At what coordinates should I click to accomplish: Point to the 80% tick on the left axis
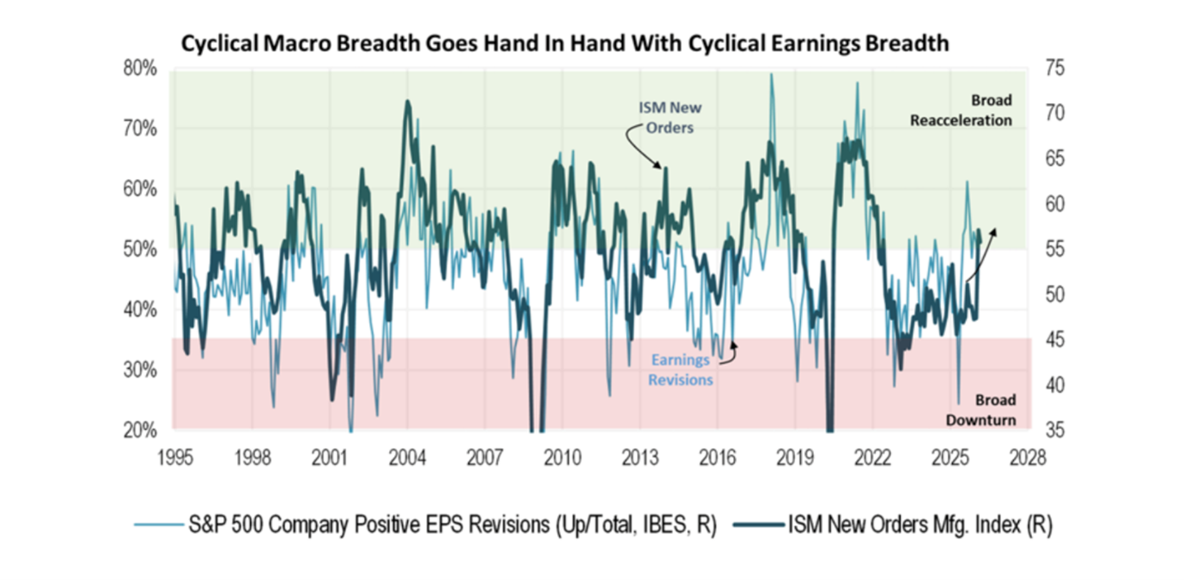[x=140, y=68]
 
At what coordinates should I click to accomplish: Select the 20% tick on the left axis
[x=140, y=430]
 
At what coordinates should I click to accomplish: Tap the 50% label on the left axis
[x=140, y=249]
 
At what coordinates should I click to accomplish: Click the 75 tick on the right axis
[x=1053, y=68]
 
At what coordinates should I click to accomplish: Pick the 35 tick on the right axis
[x=1053, y=430]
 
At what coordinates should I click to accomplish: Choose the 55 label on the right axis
[x=1053, y=249]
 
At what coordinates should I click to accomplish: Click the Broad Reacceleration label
[x=961, y=110]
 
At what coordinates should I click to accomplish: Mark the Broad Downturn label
[x=981, y=410]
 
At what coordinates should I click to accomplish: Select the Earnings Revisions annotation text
[x=680, y=370]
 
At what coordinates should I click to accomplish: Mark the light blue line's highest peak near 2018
[x=771, y=75]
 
